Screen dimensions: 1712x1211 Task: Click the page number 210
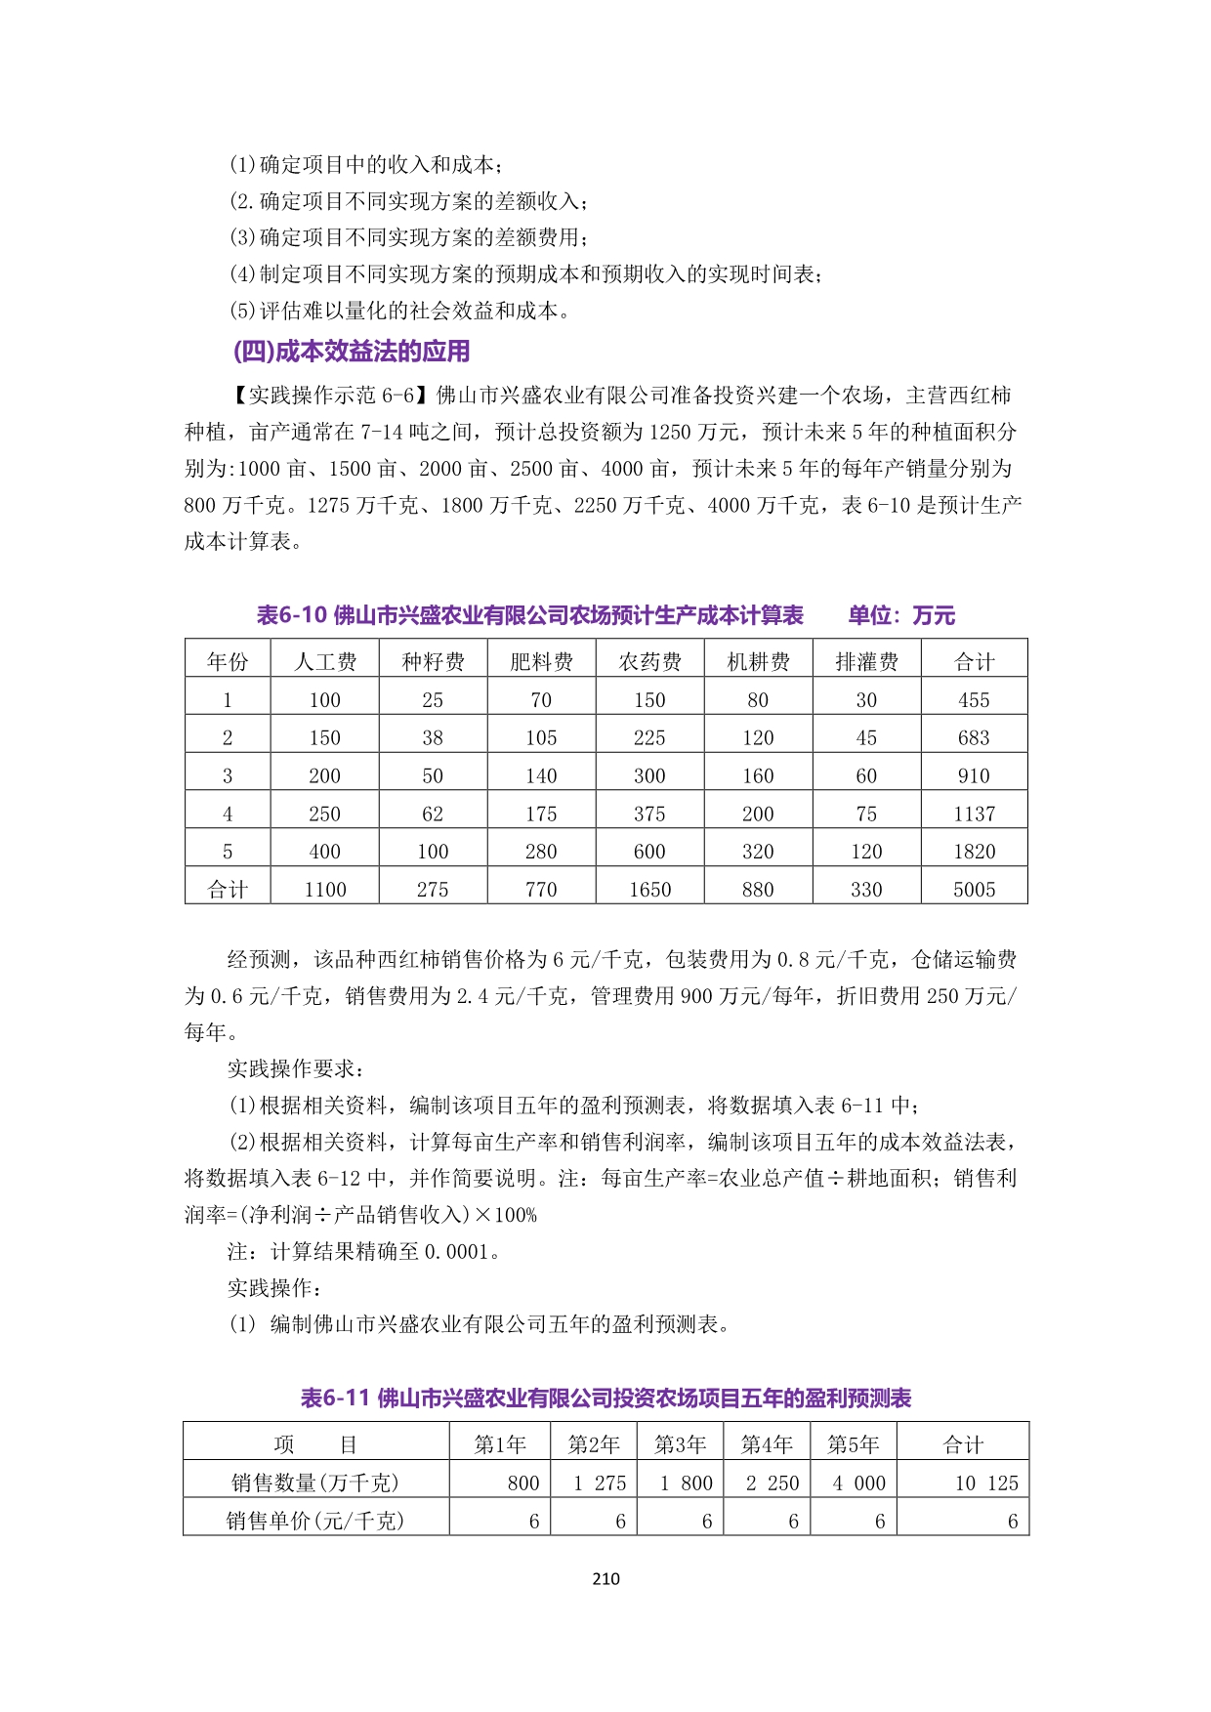pos(605,1578)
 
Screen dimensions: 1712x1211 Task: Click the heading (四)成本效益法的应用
pos(351,352)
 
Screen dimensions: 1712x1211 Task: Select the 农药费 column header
pos(649,662)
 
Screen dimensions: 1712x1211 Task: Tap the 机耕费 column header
pos(758,662)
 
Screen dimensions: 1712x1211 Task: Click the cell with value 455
pos(974,700)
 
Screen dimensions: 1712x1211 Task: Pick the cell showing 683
pos(974,738)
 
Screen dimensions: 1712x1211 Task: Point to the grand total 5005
pos(974,890)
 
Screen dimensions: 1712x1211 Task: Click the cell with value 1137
pos(974,814)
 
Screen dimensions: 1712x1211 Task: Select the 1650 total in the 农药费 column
pos(649,890)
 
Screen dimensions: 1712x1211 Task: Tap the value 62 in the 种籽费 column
pos(433,814)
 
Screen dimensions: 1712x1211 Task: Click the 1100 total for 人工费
pos(325,890)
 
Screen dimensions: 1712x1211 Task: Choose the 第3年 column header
pos(680,1444)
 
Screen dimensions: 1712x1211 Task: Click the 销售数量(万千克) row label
pos(315,1482)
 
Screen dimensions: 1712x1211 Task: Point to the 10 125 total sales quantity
pos(986,1482)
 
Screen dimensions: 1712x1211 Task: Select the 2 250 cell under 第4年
pos(773,1482)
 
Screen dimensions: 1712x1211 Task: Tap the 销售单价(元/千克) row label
pos(315,1521)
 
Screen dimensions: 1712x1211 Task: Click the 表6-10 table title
pos(530,615)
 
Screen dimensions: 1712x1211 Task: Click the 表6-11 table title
pos(605,1399)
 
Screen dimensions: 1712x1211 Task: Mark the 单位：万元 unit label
pos(901,615)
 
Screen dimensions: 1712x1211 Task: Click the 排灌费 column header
pos(866,662)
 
